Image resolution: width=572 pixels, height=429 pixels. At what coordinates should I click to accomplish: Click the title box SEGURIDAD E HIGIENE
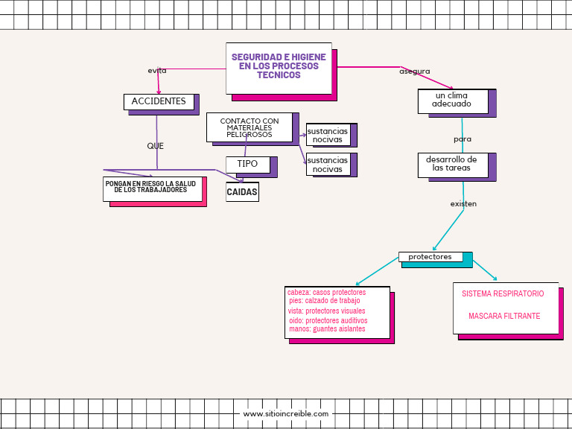point(279,67)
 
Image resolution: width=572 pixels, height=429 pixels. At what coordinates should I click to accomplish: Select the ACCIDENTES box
point(159,101)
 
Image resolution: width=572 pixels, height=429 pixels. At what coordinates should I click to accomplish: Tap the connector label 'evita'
point(157,71)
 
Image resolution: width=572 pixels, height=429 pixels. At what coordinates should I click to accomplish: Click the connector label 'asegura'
point(414,71)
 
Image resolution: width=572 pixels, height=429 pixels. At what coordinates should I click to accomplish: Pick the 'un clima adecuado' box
point(452,101)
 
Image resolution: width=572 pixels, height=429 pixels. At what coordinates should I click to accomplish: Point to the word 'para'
point(463,139)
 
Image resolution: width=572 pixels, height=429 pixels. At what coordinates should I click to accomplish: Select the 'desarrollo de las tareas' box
point(452,164)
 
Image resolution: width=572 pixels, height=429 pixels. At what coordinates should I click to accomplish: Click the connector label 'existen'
point(463,203)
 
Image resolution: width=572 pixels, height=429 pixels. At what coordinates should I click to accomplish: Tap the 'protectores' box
point(430,257)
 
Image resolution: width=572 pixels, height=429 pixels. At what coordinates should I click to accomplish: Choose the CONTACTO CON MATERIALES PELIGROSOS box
point(250,127)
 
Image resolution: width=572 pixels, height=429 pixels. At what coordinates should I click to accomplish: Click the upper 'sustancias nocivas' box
point(328,135)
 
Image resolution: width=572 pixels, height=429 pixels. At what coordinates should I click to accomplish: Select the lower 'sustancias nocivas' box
point(328,165)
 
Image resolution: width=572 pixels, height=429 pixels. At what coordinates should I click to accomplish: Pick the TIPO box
point(247,163)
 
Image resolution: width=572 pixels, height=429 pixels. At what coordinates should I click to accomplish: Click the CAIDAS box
point(242,191)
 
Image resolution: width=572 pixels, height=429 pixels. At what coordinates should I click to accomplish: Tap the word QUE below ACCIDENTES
point(155,146)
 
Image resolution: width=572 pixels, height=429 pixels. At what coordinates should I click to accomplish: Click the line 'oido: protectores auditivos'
point(328,320)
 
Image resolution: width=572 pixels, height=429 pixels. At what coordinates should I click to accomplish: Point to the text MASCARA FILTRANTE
point(504,317)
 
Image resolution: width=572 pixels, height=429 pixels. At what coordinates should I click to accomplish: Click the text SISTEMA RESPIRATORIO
point(503,293)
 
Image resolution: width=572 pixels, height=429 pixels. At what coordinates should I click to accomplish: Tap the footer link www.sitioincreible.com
point(286,413)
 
